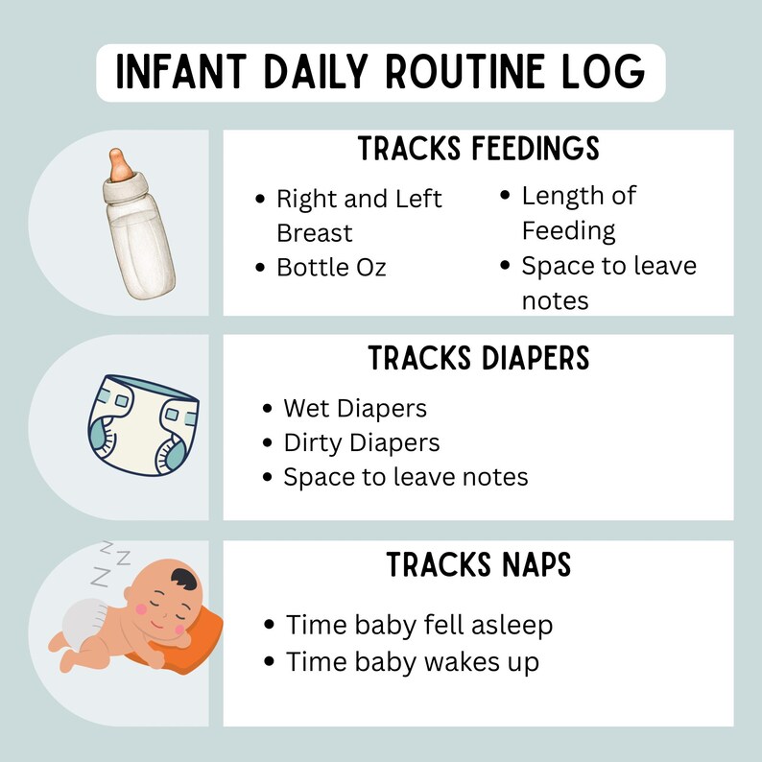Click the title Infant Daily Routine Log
click(x=380, y=73)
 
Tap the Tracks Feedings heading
click(x=478, y=150)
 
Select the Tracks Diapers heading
click(x=478, y=358)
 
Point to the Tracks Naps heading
click(x=478, y=565)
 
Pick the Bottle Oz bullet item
click(x=331, y=268)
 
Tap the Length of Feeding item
click(x=578, y=213)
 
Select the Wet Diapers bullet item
click(x=354, y=408)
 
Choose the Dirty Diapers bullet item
click(x=361, y=442)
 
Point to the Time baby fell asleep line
click(x=418, y=626)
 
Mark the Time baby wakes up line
click(x=412, y=661)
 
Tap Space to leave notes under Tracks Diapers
click(x=405, y=477)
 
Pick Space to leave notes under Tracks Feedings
click(x=607, y=283)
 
